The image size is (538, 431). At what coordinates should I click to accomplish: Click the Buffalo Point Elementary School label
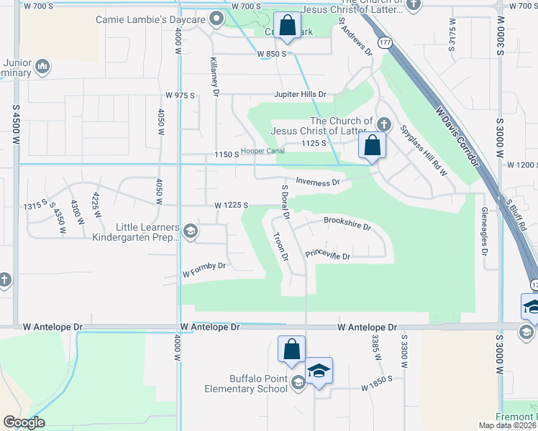pos(248,384)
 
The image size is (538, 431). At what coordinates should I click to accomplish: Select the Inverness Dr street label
pos(317,183)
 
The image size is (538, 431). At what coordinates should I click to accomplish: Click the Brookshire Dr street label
pos(347,223)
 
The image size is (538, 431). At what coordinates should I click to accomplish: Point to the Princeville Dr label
pos(327,256)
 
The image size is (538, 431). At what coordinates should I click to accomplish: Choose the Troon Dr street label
pos(280,246)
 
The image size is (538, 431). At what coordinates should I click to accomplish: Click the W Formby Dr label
pos(204,270)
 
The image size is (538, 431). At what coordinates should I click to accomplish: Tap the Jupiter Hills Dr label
pos(300,94)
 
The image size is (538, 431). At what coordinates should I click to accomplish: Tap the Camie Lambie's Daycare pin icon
pos(215,19)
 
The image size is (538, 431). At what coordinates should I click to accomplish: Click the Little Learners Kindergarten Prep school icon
pos(191,231)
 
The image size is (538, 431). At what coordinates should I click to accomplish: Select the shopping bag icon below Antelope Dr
pos(291,350)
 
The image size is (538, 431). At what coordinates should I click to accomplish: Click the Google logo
pos(24,422)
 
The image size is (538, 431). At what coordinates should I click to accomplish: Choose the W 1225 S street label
pos(231,205)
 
